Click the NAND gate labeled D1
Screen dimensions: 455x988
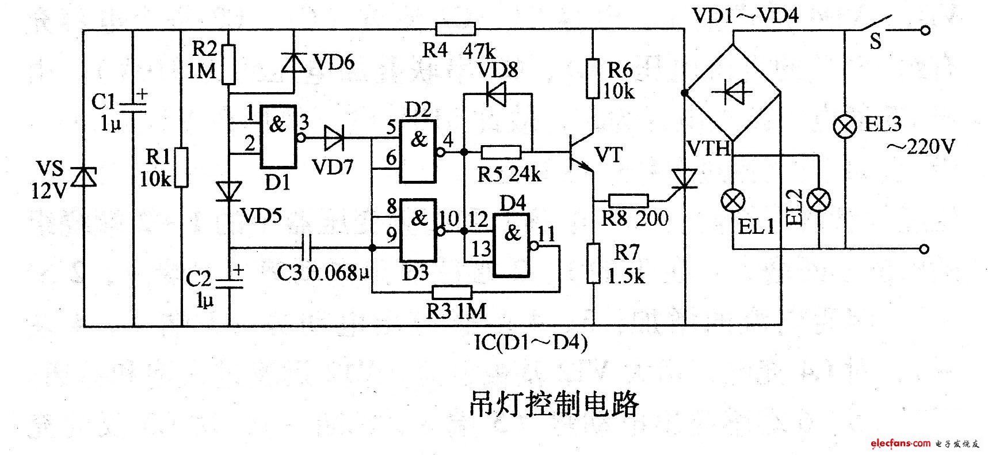tap(278, 136)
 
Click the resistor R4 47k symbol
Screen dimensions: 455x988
tap(456, 29)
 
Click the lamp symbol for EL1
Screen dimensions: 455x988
tap(733, 202)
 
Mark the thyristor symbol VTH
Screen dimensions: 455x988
tap(685, 180)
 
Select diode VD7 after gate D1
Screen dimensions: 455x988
tap(335, 138)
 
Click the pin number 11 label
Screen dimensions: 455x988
tap(546, 233)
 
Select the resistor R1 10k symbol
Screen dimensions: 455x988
tap(181, 167)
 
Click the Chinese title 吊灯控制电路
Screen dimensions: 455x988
tap(552, 404)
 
